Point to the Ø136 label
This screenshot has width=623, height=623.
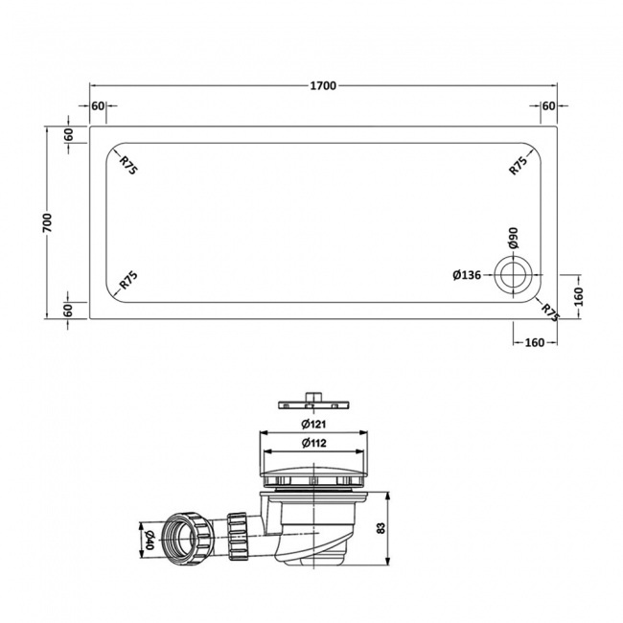pyautogui.click(x=467, y=276)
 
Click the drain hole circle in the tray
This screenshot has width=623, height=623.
pyautogui.click(x=512, y=276)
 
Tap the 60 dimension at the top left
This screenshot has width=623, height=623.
pyautogui.click(x=98, y=105)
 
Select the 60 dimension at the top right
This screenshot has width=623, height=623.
pyautogui.click(x=549, y=105)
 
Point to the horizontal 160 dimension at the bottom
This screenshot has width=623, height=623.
pyautogui.click(x=535, y=342)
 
